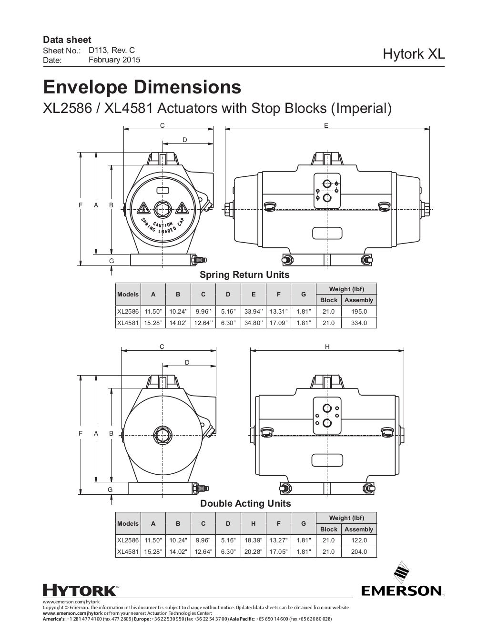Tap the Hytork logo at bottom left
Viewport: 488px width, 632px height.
point(79,590)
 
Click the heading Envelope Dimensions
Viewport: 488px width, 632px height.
point(142,88)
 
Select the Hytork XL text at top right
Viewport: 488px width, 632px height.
point(414,54)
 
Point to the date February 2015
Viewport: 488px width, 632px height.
point(114,60)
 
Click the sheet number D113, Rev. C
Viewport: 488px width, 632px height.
point(112,50)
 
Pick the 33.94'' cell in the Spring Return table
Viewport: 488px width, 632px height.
point(253,312)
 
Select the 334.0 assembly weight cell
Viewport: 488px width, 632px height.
point(358,323)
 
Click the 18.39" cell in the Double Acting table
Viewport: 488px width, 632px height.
point(253,540)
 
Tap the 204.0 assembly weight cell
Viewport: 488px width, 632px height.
point(358,552)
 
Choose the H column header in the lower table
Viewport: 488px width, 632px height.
point(253,523)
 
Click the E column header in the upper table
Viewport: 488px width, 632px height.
point(253,295)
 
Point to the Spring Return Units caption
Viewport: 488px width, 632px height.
point(244,275)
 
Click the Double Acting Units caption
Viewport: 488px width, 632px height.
point(245,504)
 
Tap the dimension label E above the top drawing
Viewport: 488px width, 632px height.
point(326,125)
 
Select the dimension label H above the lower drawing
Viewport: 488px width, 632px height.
point(327,347)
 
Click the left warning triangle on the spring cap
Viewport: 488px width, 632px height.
point(143,208)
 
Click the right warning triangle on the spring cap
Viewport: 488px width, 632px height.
point(181,208)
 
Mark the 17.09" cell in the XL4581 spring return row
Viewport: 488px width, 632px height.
point(278,323)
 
